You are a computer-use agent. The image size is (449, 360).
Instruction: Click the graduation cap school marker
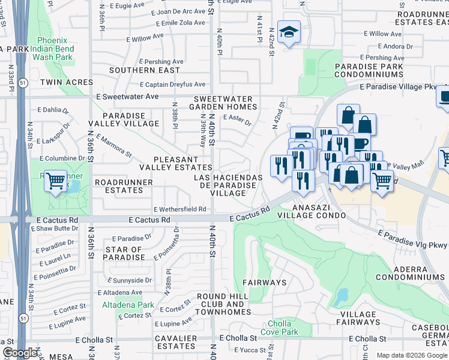[288, 33]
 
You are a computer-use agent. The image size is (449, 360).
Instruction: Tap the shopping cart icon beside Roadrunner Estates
[55, 179]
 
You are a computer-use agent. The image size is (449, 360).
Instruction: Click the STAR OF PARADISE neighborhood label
[124, 253]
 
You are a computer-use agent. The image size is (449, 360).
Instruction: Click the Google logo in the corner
[20, 353]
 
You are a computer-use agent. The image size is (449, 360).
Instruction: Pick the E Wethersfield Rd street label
[179, 209]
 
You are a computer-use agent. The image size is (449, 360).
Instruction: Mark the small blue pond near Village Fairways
[342, 296]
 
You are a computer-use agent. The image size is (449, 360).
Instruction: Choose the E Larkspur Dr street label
[53, 136]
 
